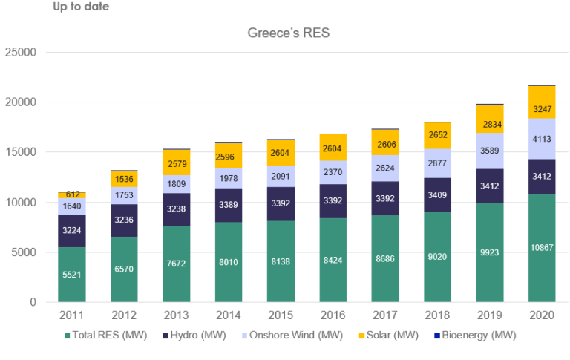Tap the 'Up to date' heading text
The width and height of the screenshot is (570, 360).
81,7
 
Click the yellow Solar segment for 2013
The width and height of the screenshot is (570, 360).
175,162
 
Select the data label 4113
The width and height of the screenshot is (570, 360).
541,138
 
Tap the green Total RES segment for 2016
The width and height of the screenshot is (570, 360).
332,260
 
